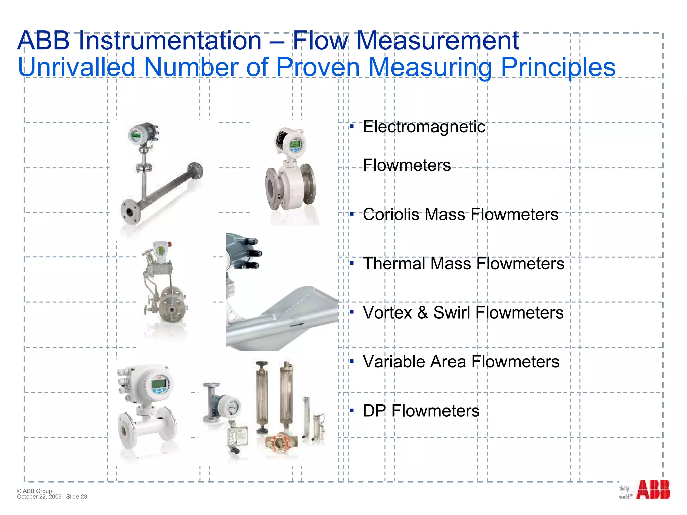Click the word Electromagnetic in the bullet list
(424, 127)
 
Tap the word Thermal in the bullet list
(394, 264)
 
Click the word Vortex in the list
(387, 313)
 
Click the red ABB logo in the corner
(653, 490)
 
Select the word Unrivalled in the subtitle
(76, 67)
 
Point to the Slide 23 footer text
(77, 497)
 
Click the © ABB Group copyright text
(35, 491)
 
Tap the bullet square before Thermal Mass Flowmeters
(352, 263)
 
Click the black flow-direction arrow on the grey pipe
(297, 324)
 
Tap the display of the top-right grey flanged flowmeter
(295, 146)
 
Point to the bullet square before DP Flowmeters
(352, 410)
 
